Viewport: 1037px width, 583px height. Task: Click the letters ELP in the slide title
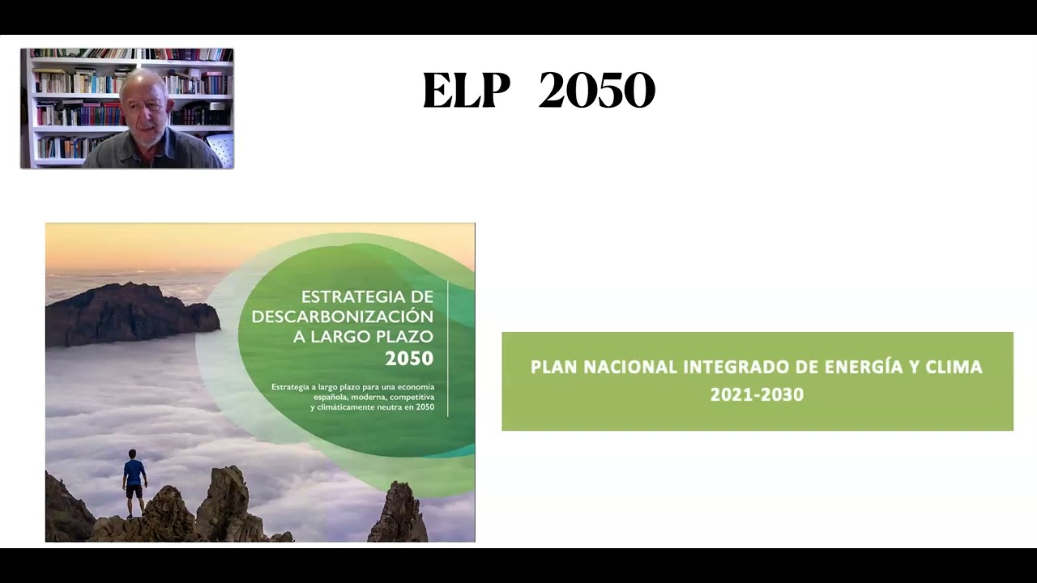pyautogui.click(x=466, y=90)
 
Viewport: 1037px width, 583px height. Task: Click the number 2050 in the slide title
pyautogui.click(x=597, y=90)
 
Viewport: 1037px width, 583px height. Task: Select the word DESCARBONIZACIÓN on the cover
pyautogui.click(x=343, y=317)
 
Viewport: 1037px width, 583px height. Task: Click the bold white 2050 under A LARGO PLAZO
pyautogui.click(x=409, y=359)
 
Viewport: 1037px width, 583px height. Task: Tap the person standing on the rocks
pyautogui.click(x=134, y=483)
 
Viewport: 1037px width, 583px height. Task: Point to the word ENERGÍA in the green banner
pyautogui.click(x=864, y=367)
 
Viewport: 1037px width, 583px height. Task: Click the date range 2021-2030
pyautogui.click(x=757, y=394)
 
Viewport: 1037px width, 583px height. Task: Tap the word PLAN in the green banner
pyautogui.click(x=553, y=368)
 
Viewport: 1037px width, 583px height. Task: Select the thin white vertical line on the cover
pyautogui.click(x=448, y=348)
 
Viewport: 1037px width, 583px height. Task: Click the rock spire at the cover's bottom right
pyautogui.click(x=399, y=513)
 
